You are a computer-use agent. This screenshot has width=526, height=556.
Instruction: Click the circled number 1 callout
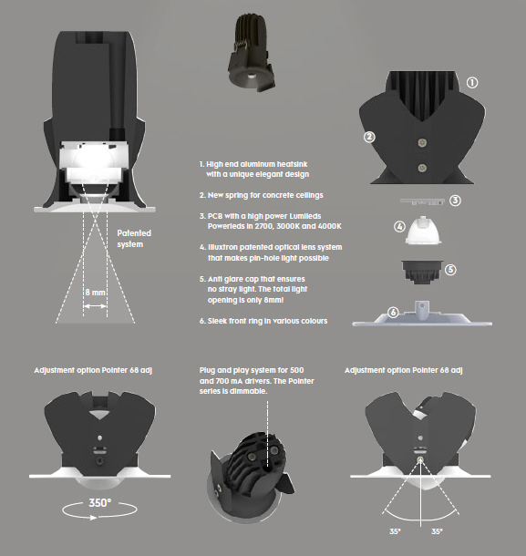pyautogui.click(x=471, y=83)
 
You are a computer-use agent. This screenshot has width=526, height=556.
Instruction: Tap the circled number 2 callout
pyautogui.click(x=369, y=137)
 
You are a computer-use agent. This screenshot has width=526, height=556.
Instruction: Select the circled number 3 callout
pyautogui.click(x=456, y=201)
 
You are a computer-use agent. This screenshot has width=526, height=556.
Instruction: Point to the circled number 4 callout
pyautogui.click(x=399, y=227)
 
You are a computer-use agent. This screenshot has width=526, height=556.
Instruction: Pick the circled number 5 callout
pyautogui.click(x=450, y=270)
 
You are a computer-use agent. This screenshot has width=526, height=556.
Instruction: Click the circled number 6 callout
pyautogui.click(x=393, y=313)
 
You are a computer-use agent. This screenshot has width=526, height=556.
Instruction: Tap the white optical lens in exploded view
pyautogui.click(x=424, y=230)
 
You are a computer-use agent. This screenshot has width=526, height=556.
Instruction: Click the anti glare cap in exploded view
pyautogui.click(x=422, y=272)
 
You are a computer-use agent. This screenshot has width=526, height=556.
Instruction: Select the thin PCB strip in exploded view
pyautogui.click(x=422, y=201)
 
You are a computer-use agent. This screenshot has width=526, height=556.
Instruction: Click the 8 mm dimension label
pyautogui.click(x=95, y=293)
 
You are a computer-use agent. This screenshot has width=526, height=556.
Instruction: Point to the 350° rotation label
pyautogui.click(x=99, y=503)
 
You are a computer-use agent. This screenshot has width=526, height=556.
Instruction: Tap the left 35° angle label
pyautogui.click(x=395, y=531)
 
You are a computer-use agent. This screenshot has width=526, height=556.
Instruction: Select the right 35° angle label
pyautogui.click(x=437, y=531)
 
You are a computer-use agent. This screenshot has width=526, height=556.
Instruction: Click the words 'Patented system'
pyautogui.click(x=134, y=239)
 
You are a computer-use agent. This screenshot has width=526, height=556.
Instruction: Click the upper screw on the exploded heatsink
pyautogui.click(x=422, y=142)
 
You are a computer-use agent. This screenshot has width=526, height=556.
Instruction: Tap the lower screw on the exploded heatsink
pyautogui.click(x=422, y=168)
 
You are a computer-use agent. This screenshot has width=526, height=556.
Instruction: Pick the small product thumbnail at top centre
pyautogui.click(x=251, y=53)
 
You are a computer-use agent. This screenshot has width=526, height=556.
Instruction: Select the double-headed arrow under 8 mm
pyautogui.click(x=95, y=306)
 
